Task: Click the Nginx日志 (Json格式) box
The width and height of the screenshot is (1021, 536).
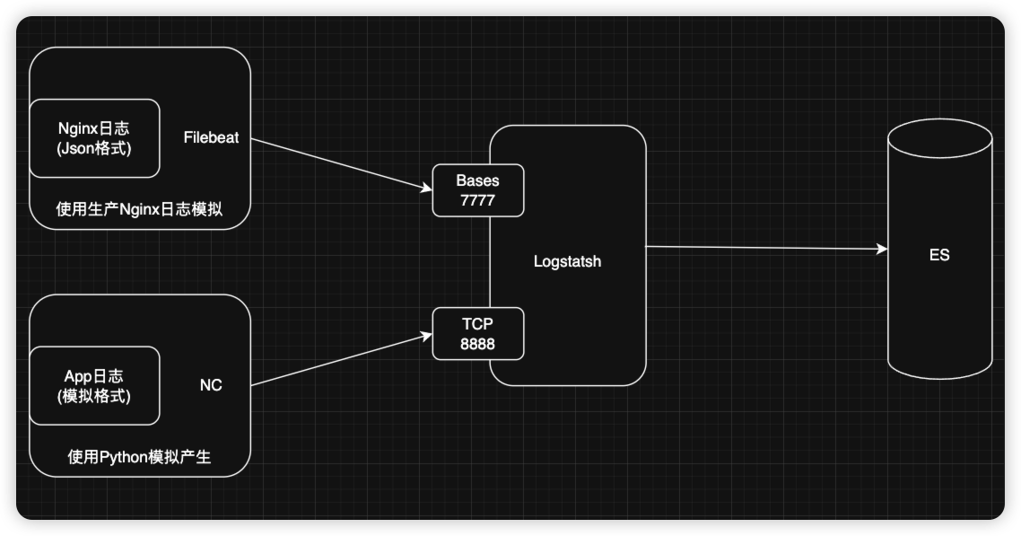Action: (94, 138)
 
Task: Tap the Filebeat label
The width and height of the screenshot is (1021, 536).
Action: (211, 138)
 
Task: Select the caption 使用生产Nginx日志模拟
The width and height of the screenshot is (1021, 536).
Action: (139, 209)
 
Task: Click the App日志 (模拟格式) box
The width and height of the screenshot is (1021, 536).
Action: (94, 385)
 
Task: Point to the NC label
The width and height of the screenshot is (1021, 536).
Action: (211, 386)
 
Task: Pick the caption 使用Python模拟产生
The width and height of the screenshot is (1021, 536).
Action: (139, 457)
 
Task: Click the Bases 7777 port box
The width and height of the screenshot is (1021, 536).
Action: (477, 190)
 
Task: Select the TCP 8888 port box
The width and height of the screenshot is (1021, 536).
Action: (477, 333)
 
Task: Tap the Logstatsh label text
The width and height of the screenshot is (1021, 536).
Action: (567, 262)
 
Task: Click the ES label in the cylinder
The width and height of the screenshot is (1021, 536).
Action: (939, 255)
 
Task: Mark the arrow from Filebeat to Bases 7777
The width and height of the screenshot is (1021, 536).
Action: (341, 164)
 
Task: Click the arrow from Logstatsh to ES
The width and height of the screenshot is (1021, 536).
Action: (763, 248)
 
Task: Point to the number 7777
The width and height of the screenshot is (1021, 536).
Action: (477, 200)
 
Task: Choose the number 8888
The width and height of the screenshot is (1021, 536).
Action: (477, 344)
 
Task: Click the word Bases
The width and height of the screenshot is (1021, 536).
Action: (477, 180)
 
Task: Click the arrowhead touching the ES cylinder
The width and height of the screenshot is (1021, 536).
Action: (881, 250)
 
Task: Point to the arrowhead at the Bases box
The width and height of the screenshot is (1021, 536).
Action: (426, 189)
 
